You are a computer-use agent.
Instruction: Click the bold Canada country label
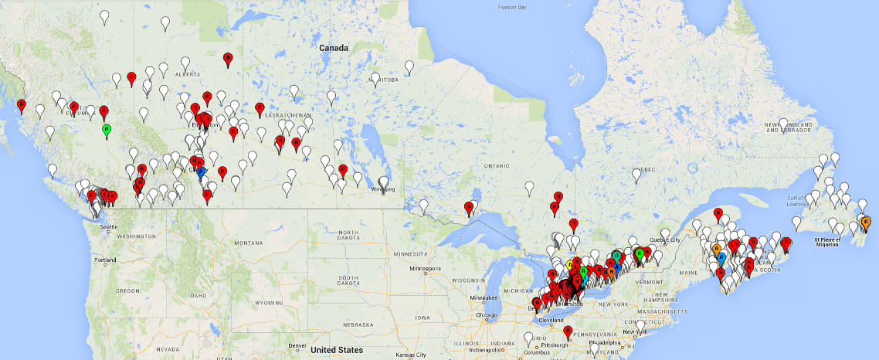tap(334, 48)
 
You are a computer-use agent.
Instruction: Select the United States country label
tap(336, 350)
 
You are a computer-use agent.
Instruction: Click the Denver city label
tap(297, 345)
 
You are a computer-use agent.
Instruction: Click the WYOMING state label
tap(268, 302)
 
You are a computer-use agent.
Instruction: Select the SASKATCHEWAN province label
tap(287, 114)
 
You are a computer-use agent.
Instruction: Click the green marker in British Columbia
tap(107, 129)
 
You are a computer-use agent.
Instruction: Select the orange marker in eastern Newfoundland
tap(865, 223)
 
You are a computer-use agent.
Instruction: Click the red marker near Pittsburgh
tap(568, 332)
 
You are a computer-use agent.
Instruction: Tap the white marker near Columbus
tap(528, 338)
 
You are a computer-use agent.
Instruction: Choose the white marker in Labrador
tap(783, 124)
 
